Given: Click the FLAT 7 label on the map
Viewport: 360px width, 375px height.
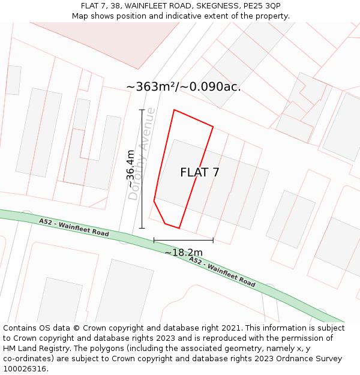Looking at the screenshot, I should pos(200,173).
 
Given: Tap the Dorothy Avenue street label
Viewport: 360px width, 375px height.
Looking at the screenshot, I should pos(142,154).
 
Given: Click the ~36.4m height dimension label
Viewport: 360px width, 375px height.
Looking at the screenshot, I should pos(130,169).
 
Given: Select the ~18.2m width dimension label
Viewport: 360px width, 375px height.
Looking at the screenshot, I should pos(184,253).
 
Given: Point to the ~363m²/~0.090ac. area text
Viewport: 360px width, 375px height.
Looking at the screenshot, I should pos(184,87).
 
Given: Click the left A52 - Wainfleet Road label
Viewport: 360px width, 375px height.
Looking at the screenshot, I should pos(74,227).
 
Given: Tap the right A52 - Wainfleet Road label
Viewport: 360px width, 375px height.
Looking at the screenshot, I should pos(222,271).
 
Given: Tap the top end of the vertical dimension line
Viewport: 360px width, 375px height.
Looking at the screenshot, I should pos(142,110).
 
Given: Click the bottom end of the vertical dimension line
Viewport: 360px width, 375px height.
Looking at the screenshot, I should pos(142,229).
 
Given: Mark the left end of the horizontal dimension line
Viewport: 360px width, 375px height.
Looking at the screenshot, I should pos(154,240).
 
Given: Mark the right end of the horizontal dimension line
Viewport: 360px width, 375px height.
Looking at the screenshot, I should pos(213,240).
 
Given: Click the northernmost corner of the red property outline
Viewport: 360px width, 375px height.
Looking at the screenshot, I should pos(174,110).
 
